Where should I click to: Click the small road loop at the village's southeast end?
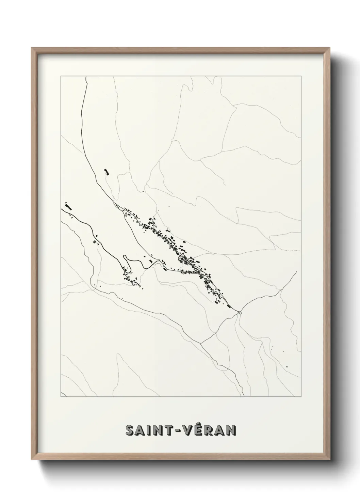(240, 312)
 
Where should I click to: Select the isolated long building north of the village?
(106, 172)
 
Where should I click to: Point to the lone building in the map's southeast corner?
(287, 366)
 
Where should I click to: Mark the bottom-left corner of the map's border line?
(61, 397)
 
